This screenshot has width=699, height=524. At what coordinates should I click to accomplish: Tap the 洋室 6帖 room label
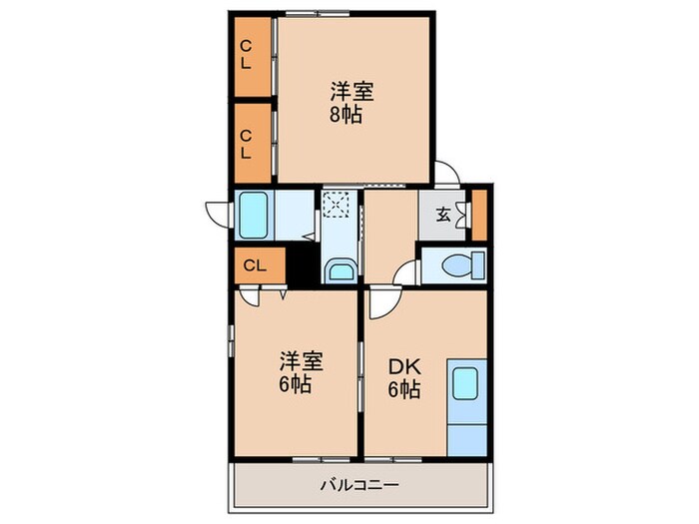tap(295, 371)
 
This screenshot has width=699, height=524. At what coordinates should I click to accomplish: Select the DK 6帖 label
tap(404, 377)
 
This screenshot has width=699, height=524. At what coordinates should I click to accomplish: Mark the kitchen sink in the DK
tap(465, 383)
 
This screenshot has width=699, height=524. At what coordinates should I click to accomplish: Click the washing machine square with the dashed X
tap(338, 206)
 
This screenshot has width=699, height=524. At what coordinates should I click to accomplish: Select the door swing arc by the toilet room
tap(406, 272)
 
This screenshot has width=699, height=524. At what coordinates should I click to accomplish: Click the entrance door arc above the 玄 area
tap(448, 174)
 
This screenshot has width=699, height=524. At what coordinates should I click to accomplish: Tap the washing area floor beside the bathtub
tap(295, 213)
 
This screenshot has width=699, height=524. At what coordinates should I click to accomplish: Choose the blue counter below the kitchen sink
tap(465, 430)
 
